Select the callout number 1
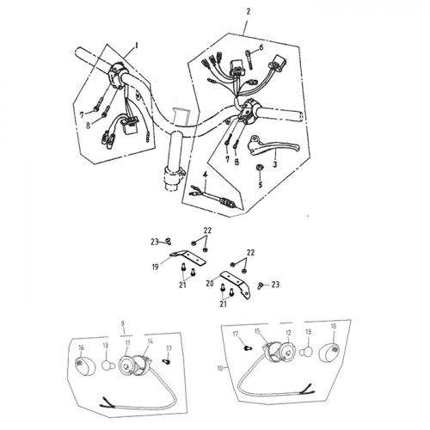click(x=136, y=43)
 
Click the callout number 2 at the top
click(x=248, y=13)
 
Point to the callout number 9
click(x=124, y=324)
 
